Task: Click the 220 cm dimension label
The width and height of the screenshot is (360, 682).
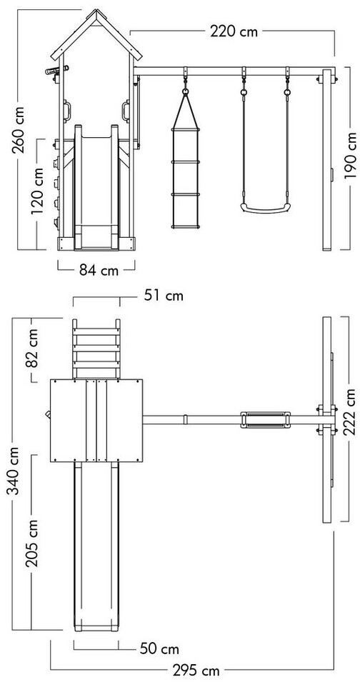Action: (x=234, y=31)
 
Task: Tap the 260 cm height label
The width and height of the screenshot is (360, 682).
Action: (x=19, y=129)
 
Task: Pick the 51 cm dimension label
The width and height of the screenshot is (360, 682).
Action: (x=164, y=296)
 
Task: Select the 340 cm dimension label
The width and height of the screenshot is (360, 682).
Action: (x=13, y=471)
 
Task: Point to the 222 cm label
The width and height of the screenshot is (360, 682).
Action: (x=349, y=412)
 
